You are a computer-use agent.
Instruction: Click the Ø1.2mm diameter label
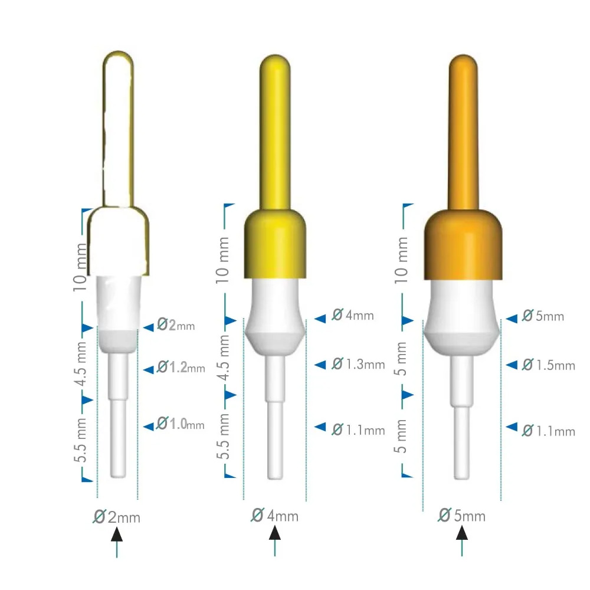click(181, 368)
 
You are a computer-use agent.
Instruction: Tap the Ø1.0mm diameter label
click(181, 424)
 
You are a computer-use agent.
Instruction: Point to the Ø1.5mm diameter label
click(548, 365)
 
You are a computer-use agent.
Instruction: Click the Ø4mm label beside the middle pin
click(352, 315)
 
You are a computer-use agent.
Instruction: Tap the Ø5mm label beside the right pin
click(543, 316)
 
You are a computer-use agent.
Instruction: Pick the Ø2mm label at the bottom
click(117, 517)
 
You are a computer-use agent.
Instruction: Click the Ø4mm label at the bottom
click(275, 516)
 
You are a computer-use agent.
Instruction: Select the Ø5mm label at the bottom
click(462, 516)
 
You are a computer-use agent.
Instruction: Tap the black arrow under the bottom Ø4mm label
click(275, 533)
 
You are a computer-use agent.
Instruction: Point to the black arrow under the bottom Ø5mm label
click(462, 533)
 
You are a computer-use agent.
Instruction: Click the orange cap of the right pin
click(464, 244)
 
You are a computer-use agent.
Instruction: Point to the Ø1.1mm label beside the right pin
click(548, 431)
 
